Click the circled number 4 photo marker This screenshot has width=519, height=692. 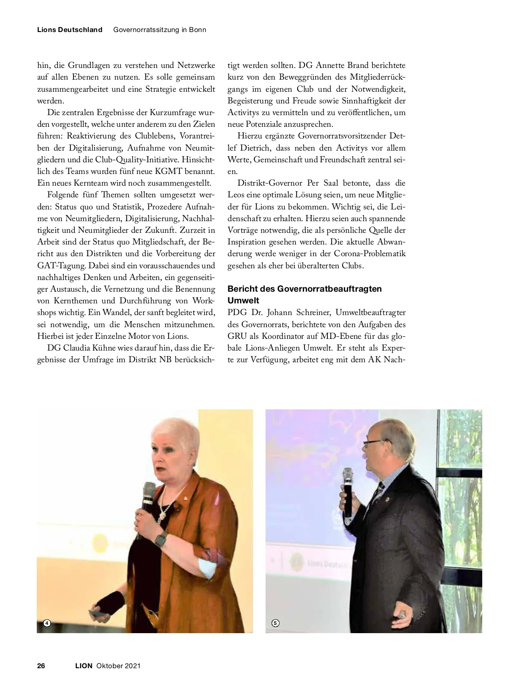tap(47, 623)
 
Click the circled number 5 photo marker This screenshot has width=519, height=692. tap(276, 623)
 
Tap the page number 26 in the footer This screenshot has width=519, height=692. tap(41, 666)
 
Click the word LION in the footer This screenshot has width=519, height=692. tap(84, 666)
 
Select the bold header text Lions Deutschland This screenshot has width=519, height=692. tap(70, 30)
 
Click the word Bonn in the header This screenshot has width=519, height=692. tap(197, 30)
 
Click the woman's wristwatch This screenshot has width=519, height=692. tap(160, 540)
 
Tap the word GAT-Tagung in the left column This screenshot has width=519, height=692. tap(58, 265)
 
